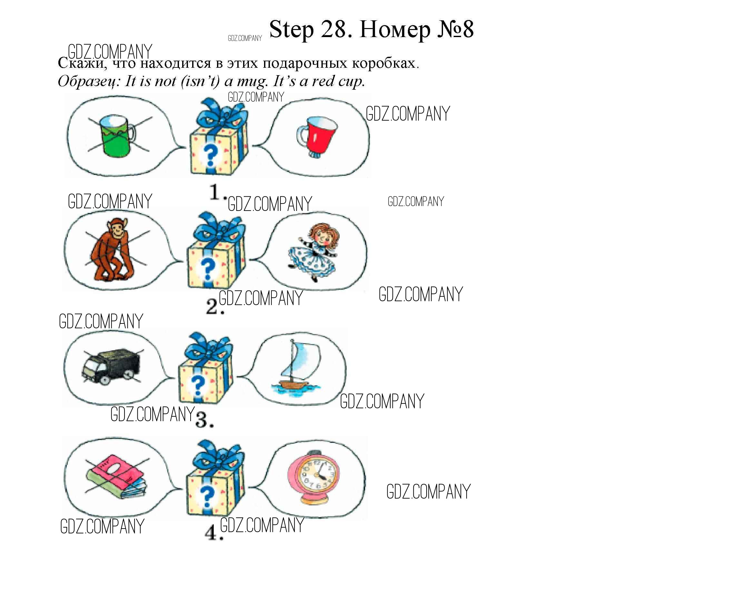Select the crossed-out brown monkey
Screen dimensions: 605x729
pyautogui.click(x=113, y=249)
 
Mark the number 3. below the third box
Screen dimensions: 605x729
pyautogui.click(x=204, y=419)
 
